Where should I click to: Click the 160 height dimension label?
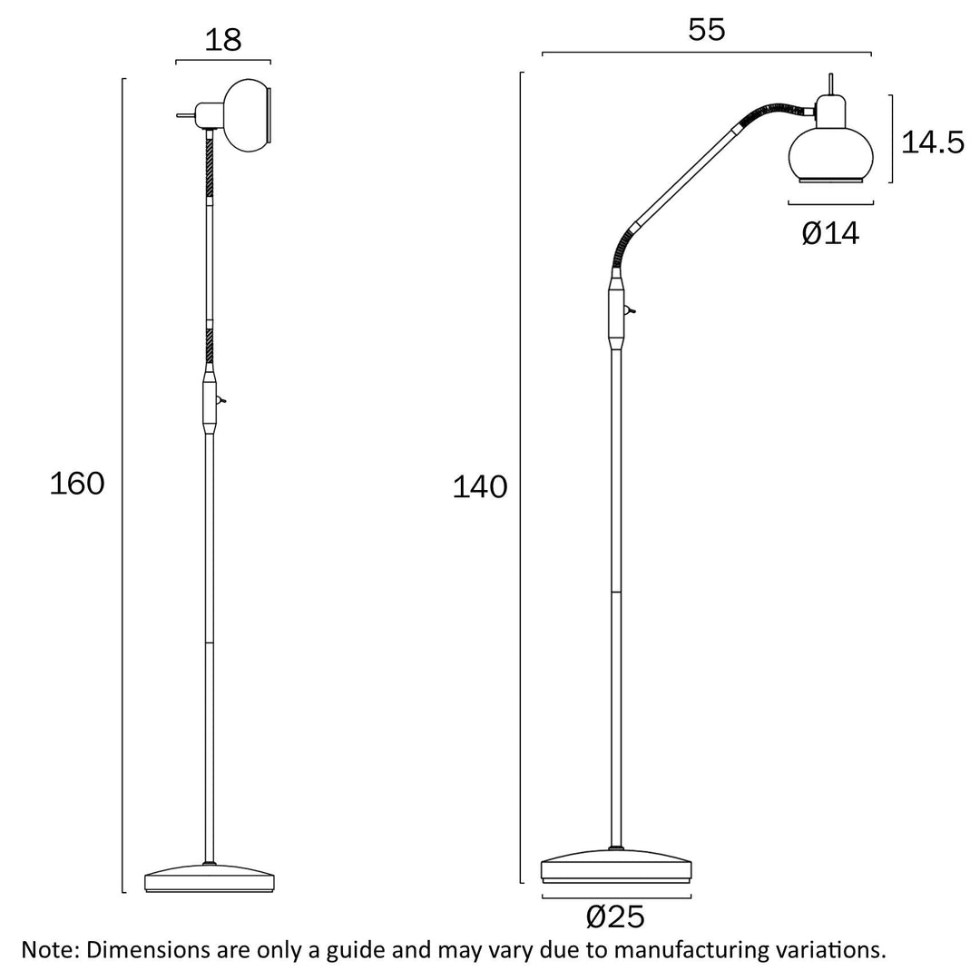pyautogui.click(x=77, y=484)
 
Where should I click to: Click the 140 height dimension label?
pyautogui.click(x=480, y=487)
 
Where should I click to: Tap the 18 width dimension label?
pyautogui.click(x=223, y=40)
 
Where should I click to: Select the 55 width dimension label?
pyautogui.click(x=707, y=30)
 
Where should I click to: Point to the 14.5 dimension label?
pyautogui.click(x=932, y=142)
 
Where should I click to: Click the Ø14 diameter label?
pyautogui.click(x=829, y=234)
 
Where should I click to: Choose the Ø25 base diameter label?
pyautogui.click(x=615, y=917)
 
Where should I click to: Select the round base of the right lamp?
pyautogui.click(x=616, y=867)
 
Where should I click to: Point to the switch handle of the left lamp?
pyautogui.click(x=222, y=400)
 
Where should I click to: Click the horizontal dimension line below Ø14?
pyautogui.click(x=824, y=202)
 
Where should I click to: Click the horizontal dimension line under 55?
pyautogui.click(x=707, y=54)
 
